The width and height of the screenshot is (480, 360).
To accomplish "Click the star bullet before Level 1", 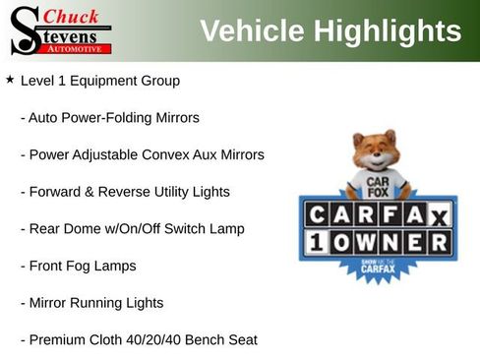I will [x=10, y=78].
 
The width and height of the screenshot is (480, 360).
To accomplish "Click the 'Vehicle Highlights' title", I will [x=330, y=31].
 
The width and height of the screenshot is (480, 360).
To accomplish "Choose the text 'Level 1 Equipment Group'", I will [x=100, y=80].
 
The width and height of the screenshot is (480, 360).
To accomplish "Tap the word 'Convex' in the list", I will [x=195, y=154].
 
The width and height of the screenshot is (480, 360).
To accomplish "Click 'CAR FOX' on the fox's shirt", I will [x=375, y=188].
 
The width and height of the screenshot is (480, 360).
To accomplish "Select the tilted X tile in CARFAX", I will [x=440, y=214].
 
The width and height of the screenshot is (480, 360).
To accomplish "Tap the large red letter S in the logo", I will [x=23, y=30].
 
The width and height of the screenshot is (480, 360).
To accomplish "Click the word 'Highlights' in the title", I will [x=391, y=31].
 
